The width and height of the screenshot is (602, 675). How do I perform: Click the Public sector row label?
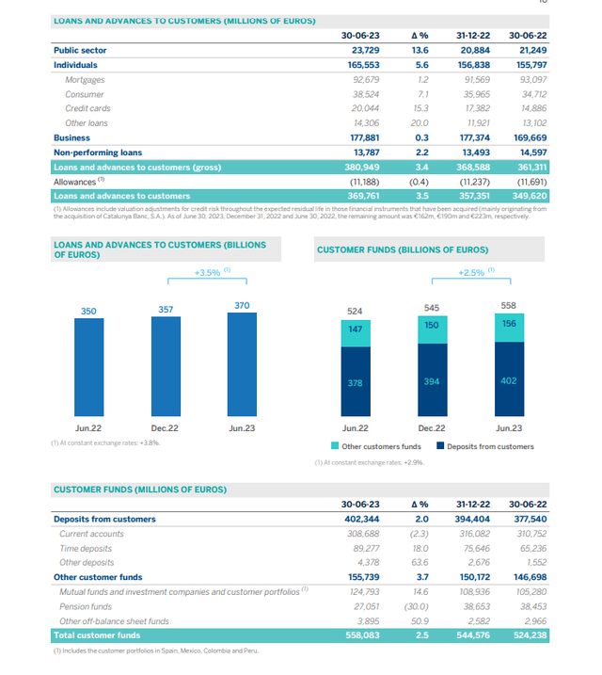tap(80, 50)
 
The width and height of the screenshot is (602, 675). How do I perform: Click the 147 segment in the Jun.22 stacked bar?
tap(356, 330)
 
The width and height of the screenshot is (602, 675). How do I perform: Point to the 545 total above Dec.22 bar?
tap(432, 307)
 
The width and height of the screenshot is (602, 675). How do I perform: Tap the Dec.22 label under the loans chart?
tap(166, 427)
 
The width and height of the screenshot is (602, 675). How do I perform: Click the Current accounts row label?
tap(91, 534)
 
